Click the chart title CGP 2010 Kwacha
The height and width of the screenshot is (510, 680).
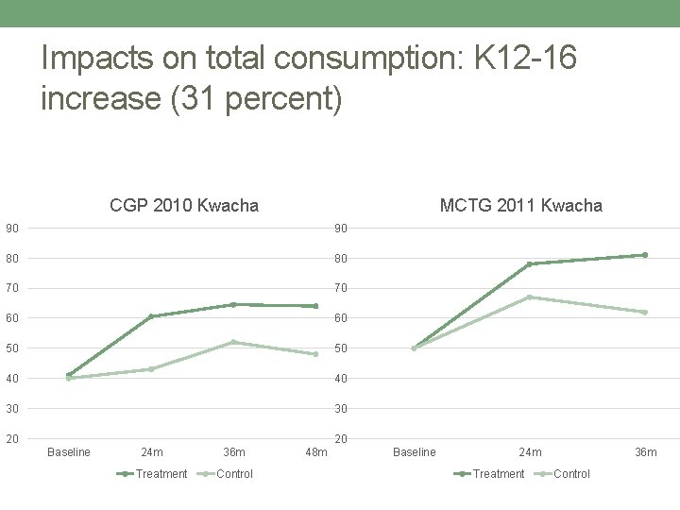pos(184,205)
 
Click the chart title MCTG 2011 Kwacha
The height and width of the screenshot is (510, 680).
pos(520,205)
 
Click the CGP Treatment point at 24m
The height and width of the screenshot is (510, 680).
pos(151,316)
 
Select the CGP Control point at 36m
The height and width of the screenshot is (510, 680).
pos(233,342)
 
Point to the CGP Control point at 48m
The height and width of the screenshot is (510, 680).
pos(315,354)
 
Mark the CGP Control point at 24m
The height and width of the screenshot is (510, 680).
pos(151,369)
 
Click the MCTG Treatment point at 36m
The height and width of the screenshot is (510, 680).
pos(645,255)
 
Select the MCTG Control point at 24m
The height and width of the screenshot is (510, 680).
pos(530,297)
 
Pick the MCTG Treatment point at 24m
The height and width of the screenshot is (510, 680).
pos(530,263)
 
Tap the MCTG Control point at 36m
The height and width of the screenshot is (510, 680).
pos(645,312)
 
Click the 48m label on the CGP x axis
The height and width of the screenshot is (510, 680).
pos(315,452)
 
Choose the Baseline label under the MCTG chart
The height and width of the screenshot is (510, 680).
pos(414,452)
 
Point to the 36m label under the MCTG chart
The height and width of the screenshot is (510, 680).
pos(645,452)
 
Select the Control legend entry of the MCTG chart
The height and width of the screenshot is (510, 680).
pos(570,474)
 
